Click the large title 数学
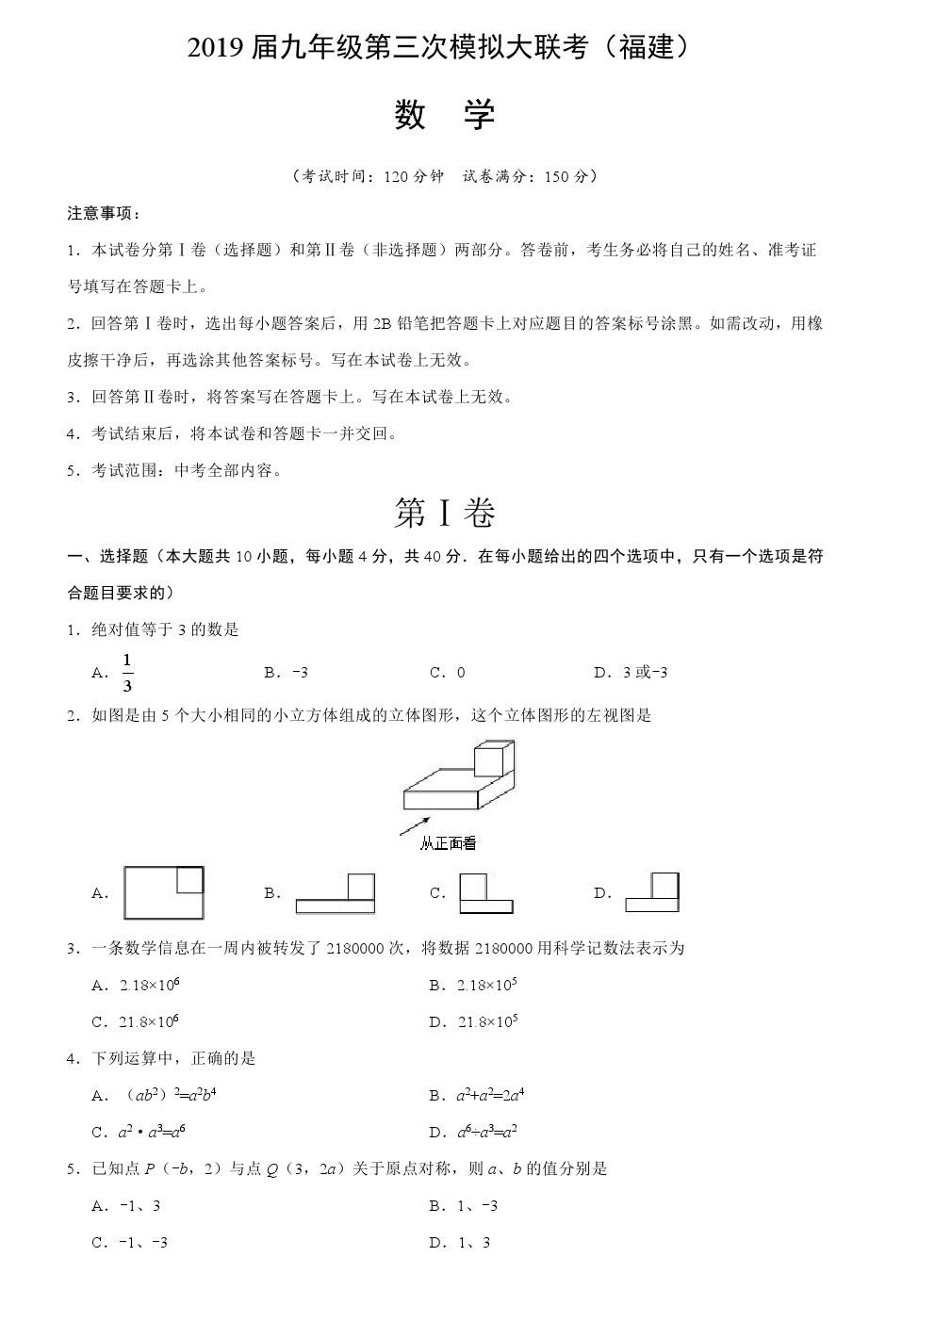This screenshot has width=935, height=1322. click(x=444, y=115)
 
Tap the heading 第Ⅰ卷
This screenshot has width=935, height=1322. click(x=444, y=513)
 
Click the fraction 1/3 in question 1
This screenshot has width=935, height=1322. click(x=127, y=672)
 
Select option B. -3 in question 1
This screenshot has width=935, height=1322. click(x=287, y=673)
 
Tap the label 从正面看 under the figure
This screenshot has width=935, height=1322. click(x=448, y=843)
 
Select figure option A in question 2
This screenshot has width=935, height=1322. click(x=163, y=892)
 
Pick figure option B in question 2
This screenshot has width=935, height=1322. click(x=335, y=893)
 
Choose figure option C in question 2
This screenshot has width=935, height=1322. click(x=485, y=893)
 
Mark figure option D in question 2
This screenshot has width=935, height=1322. click(x=652, y=892)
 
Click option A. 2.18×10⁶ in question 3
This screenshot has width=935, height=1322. click(x=136, y=985)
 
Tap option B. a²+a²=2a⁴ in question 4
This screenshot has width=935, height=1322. click(x=477, y=1095)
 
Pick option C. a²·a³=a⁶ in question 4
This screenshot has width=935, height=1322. click(x=136, y=1132)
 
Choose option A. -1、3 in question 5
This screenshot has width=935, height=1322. click(x=126, y=1206)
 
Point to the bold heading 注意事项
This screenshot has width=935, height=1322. click(x=104, y=213)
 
